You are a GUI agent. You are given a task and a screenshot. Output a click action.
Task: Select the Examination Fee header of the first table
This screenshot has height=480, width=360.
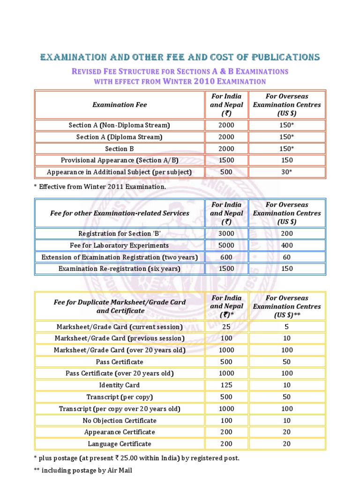[120, 105]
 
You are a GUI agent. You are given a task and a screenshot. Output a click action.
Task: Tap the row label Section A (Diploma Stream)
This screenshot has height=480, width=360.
[120, 137]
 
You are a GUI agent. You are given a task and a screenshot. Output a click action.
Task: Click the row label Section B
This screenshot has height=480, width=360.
[120, 149]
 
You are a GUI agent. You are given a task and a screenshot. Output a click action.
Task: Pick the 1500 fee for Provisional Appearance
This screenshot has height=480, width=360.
[226, 160]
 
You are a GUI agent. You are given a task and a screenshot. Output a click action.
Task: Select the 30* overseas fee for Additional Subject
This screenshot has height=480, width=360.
[286, 172]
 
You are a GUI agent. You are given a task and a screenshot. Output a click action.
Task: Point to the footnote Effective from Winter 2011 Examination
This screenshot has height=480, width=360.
[100, 187]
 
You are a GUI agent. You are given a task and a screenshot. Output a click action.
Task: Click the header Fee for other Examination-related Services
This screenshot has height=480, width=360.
[120, 213]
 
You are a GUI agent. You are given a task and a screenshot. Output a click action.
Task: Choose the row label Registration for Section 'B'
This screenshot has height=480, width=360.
[120, 233]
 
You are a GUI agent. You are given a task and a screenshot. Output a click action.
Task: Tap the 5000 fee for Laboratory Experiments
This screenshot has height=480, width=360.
[226, 245]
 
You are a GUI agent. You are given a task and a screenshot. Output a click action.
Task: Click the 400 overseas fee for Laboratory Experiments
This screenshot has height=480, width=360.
[286, 245]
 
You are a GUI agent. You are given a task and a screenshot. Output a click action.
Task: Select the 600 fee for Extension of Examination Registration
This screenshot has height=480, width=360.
[226, 257]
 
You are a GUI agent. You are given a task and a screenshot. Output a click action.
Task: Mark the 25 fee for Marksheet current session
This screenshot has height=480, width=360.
[226, 327]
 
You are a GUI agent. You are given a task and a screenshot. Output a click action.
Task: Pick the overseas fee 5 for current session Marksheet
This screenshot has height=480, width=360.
[286, 327]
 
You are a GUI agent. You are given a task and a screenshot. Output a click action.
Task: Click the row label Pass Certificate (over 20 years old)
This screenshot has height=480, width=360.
[120, 374]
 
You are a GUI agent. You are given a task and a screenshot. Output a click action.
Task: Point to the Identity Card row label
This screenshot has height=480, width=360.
[120, 385]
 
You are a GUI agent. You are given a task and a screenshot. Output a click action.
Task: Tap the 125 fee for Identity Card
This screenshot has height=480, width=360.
[226, 385]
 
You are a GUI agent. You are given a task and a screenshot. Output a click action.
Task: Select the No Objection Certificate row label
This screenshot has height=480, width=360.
[120, 420]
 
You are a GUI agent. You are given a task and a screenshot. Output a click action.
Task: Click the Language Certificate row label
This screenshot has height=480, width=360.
[120, 443]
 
